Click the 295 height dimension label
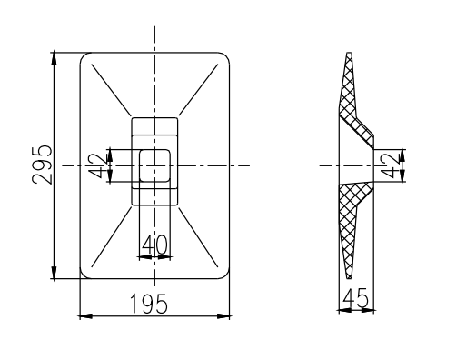click(x=42, y=165)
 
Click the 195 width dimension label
click(x=148, y=304)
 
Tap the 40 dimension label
click(x=154, y=245)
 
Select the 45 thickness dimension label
click(x=355, y=298)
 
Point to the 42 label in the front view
click(x=98, y=165)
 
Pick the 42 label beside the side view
click(x=389, y=165)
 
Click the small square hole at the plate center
click(x=154, y=165)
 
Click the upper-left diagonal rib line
click(x=111, y=90)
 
